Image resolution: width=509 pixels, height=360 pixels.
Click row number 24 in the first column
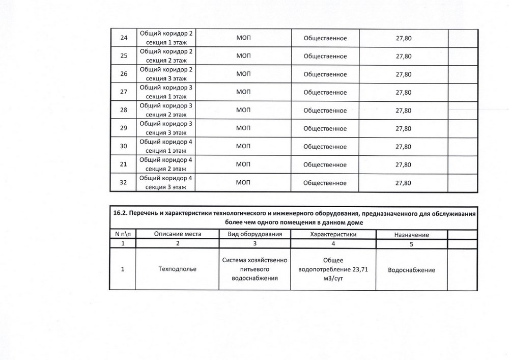tap(123, 38)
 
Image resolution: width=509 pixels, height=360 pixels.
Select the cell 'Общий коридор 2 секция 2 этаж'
tap(165, 56)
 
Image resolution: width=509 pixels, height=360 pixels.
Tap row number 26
tap(123, 74)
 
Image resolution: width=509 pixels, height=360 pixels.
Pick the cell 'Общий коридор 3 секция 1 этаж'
tap(165, 92)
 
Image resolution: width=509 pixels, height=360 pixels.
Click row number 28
tap(123, 110)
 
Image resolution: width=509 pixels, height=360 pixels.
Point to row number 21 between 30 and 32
tap(123, 164)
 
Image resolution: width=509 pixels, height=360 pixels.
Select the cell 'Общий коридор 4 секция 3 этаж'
tap(165, 183)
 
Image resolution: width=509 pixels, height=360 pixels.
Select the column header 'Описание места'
tap(177, 234)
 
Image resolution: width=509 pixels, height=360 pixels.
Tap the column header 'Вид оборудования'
tap(254, 234)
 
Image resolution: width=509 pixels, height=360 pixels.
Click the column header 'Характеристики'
tap(333, 234)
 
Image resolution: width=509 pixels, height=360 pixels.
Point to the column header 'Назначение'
tap(411, 235)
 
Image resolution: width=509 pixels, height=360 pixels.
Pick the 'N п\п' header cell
tap(123, 234)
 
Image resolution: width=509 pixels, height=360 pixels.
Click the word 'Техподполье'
tap(177, 269)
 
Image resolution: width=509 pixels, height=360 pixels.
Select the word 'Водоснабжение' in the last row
tap(411, 270)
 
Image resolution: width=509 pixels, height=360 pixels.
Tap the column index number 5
tap(411, 244)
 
